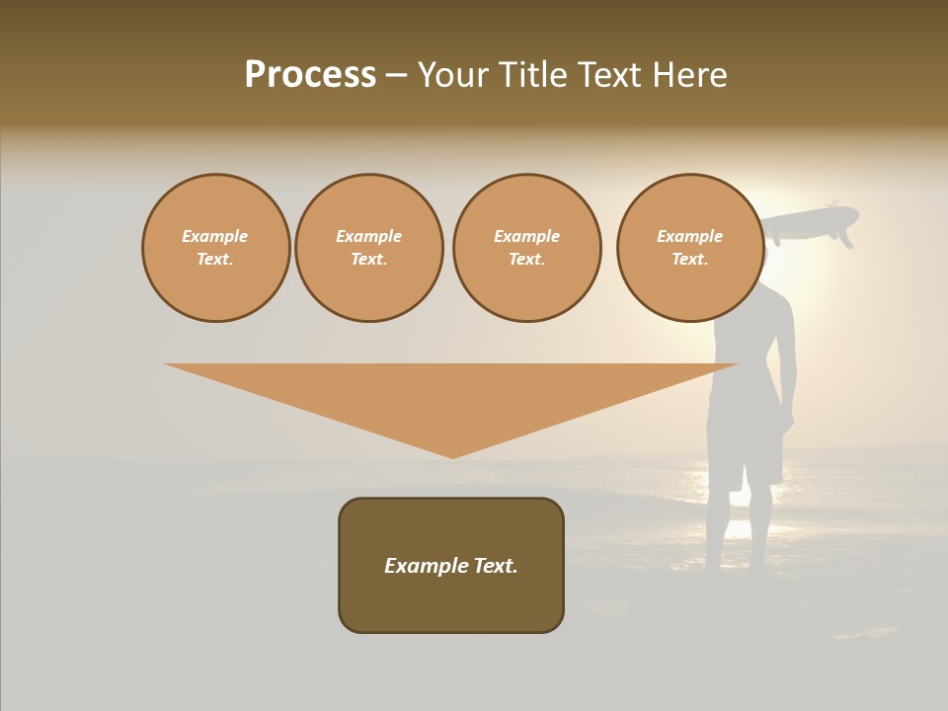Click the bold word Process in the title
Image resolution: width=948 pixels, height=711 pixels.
310,75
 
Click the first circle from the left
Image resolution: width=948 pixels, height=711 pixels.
215,248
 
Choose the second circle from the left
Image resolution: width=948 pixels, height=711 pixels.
369,248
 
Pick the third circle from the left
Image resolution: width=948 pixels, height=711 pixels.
527,248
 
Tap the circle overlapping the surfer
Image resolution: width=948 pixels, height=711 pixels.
690,248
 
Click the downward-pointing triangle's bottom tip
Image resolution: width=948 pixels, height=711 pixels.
453,455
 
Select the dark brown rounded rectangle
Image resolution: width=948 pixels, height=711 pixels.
451,602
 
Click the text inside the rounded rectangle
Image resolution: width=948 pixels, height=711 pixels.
451,566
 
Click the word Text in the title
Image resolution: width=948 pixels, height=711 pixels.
613,75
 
